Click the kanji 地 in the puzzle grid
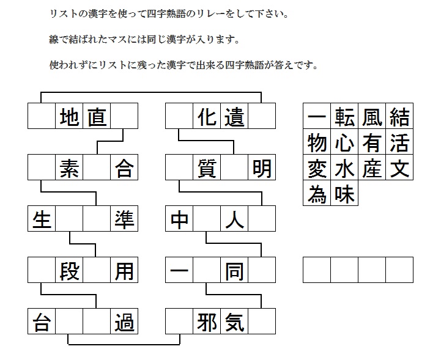69,116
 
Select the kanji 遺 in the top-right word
234,116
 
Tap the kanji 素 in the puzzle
69,167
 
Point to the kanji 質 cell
207,167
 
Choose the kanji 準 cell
124,219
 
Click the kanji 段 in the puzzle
69,270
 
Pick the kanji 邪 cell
207,321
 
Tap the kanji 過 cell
124,321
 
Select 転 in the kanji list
344,116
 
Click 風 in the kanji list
372,116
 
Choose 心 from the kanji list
344,142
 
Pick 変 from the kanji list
317,167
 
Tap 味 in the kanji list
344,193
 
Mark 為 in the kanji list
317,193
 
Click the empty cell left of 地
42,116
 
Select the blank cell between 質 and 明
234,167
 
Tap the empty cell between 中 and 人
207,219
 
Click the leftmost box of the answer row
317,270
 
